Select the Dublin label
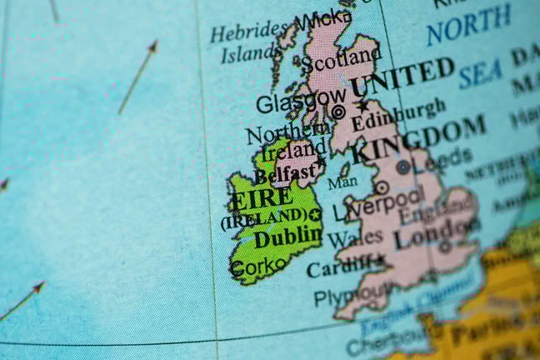[287, 237]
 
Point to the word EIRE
[262, 200]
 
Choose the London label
[432, 233]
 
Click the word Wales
[355, 239]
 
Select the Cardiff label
[339, 268]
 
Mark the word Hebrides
[248, 32]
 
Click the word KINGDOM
[419, 140]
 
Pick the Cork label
[248, 268]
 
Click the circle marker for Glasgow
[338, 111]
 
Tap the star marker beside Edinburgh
[362, 106]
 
